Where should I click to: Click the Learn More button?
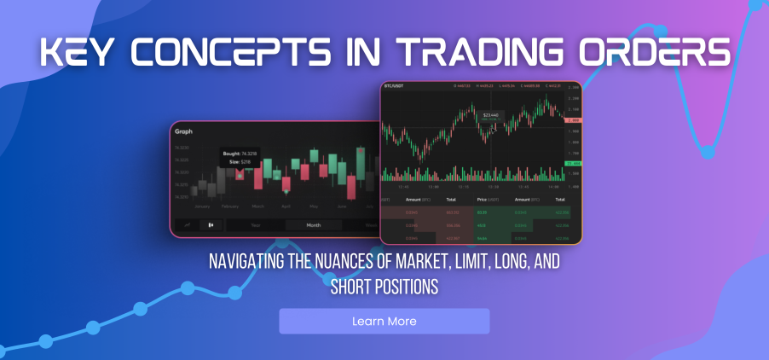(384, 322)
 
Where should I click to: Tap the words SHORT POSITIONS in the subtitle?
(384, 287)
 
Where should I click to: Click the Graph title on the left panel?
(184, 132)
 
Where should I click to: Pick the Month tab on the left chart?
(313, 225)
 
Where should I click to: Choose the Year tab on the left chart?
(255, 225)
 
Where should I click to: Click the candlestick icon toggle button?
(211, 225)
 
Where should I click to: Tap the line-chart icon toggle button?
(186, 225)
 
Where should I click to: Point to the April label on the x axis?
(286, 206)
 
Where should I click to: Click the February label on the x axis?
(230, 206)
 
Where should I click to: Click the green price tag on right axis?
(575, 163)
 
